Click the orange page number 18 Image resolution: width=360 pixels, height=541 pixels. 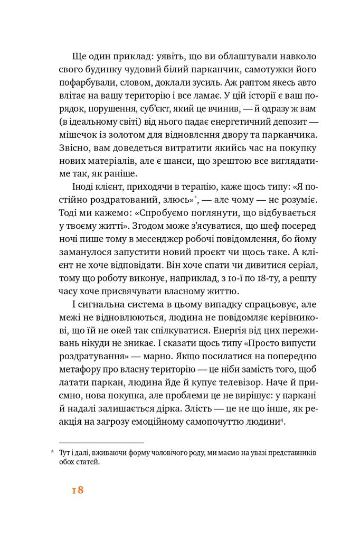78,490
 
